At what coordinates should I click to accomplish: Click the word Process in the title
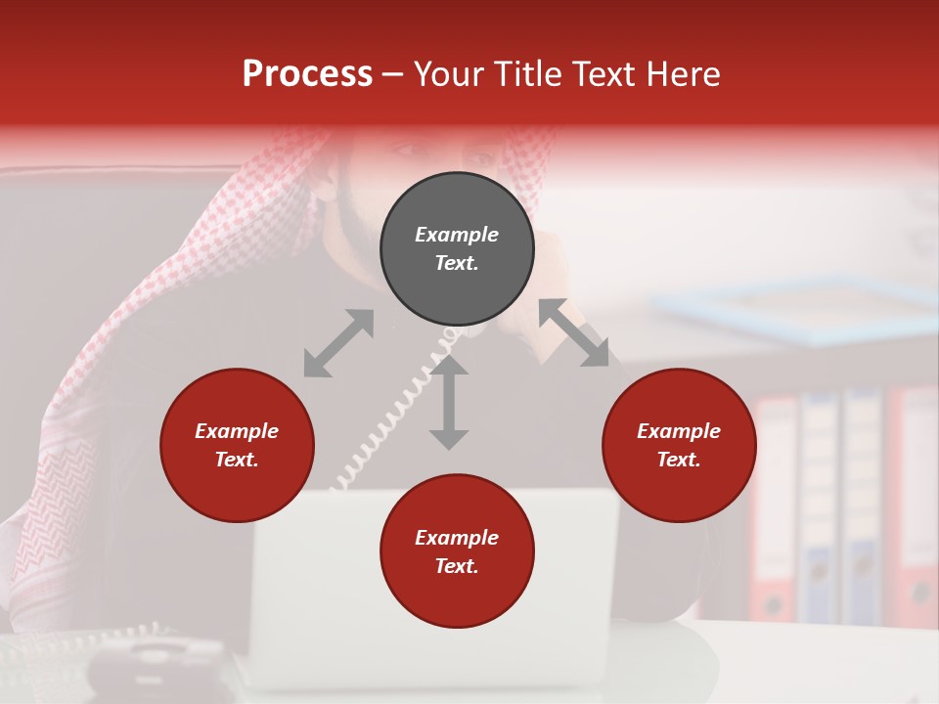coord(307,74)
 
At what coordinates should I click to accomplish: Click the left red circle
coord(237,445)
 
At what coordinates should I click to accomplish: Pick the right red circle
coord(679,445)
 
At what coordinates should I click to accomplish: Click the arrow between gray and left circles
coord(338,343)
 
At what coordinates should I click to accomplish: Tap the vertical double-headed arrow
coord(449,402)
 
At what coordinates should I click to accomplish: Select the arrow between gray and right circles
coord(574,332)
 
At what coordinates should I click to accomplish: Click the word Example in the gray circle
coord(457,235)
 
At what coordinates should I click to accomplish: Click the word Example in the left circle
coord(237,431)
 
